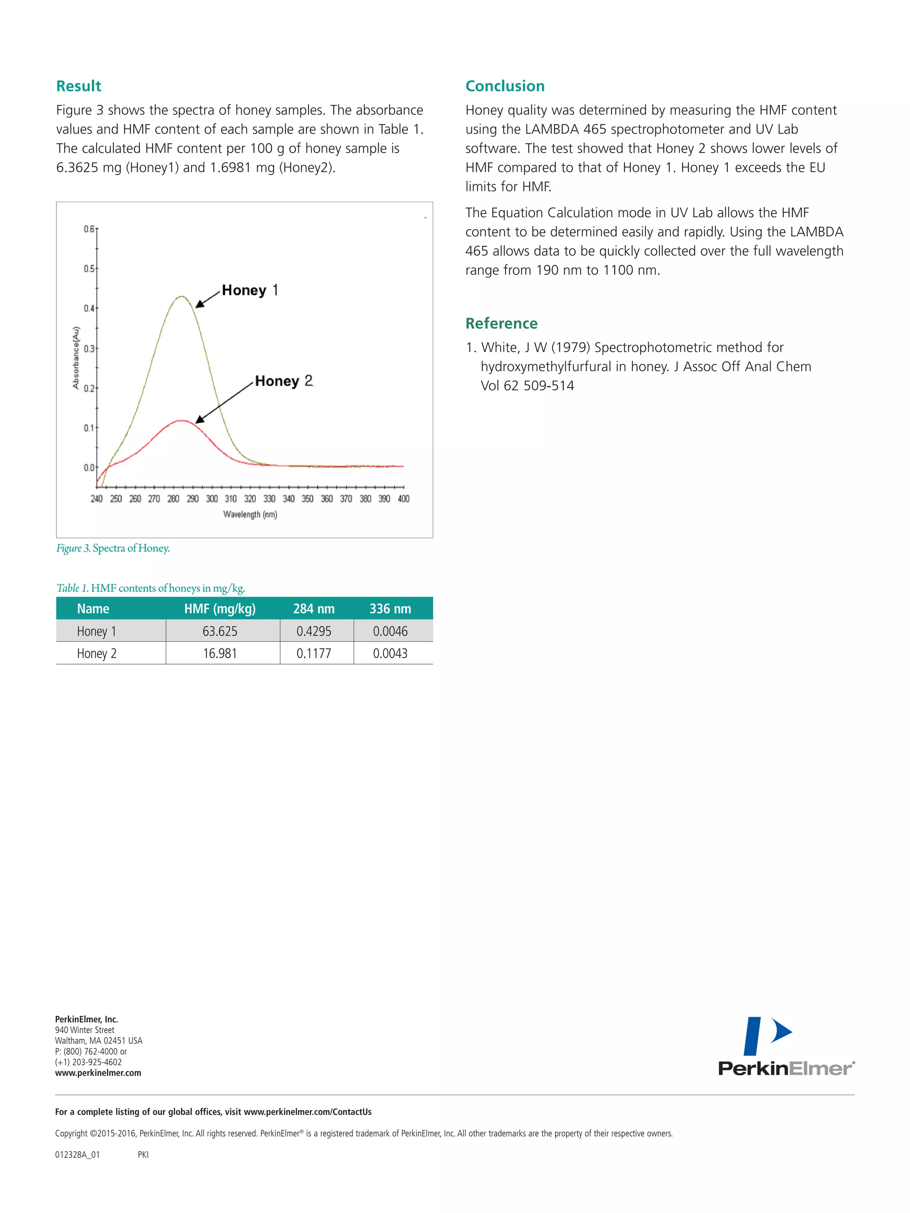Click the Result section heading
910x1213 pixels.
click(79, 86)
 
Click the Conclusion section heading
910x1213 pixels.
click(505, 86)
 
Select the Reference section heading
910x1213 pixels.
click(501, 323)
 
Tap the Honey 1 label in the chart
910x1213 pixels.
click(250, 290)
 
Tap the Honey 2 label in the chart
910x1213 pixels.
click(283, 381)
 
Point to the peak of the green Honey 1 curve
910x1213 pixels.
click(182, 297)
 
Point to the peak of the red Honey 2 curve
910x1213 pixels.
click(181, 421)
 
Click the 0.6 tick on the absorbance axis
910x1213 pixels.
click(89, 229)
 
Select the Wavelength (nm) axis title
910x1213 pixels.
click(250, 514)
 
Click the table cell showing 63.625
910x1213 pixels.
click(220, 631)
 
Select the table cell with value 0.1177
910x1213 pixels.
click(314, 653)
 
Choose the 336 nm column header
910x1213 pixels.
click(390, 608)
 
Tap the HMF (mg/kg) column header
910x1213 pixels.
click(220, 608)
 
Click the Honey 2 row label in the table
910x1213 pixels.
click(96, 653)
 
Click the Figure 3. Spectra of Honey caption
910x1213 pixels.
click(113, 548)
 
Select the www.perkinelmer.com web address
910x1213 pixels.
click(98, 1073)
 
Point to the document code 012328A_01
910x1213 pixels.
click(77, 1154)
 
